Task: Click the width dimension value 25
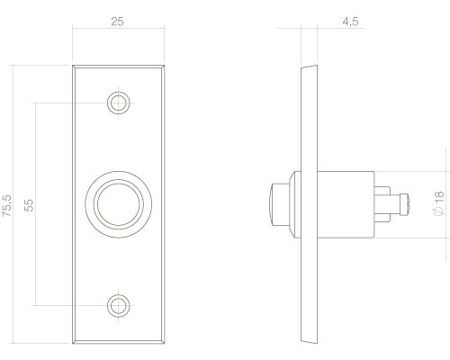[117, 22]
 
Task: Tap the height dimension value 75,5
[7, 205]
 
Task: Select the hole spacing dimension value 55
[29, 205]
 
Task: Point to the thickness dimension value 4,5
[350, 22]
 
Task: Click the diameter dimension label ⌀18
[438, 202]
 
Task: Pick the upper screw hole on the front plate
[119, 103]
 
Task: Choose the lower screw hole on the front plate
[119, 306]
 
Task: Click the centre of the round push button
[119, 204]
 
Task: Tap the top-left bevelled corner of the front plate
[74, 67]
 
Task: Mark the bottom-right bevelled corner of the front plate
[163, 342]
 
